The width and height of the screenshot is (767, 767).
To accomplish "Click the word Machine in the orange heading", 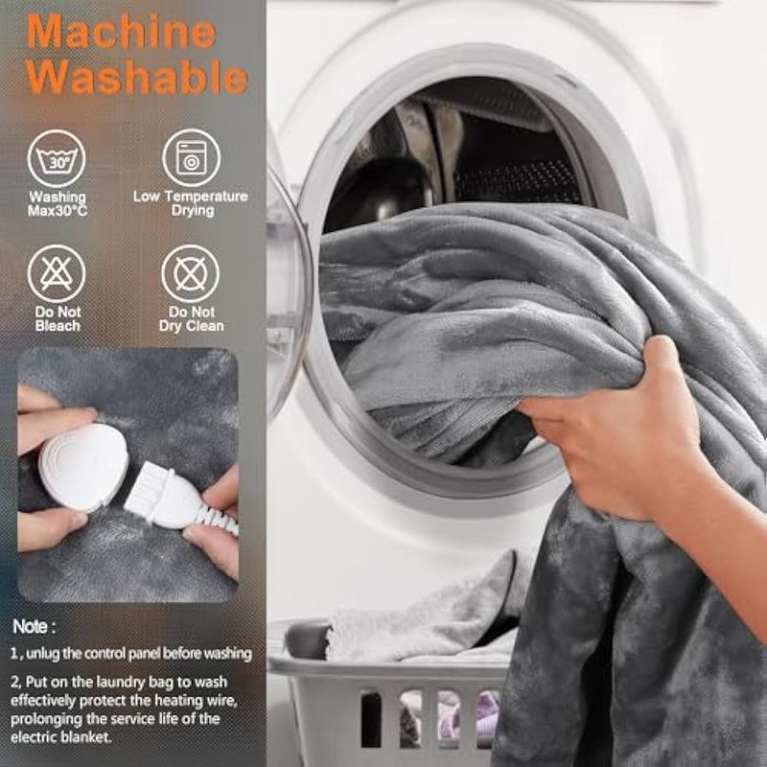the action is pos(121,32).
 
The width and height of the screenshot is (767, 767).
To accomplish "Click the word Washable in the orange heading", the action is pos(137,77).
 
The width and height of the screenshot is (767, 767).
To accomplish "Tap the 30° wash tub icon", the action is pos(57,158).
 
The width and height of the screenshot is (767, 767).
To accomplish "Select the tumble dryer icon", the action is pos(191,158).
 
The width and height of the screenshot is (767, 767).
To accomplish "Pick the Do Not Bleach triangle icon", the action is pos(57,273).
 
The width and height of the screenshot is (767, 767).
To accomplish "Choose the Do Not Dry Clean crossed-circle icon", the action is pos(191,273).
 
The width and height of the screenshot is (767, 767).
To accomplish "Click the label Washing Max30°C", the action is pos(58,204).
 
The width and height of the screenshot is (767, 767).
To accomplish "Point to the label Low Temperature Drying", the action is pos(191,203).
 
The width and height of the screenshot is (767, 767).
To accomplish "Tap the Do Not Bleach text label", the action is pos(58,319).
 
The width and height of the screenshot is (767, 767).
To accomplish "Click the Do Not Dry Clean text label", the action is pos(191,319).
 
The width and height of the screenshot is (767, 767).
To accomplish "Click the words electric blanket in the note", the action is pos(60,736).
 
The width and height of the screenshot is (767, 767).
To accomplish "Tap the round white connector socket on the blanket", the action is pos(83,468).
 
